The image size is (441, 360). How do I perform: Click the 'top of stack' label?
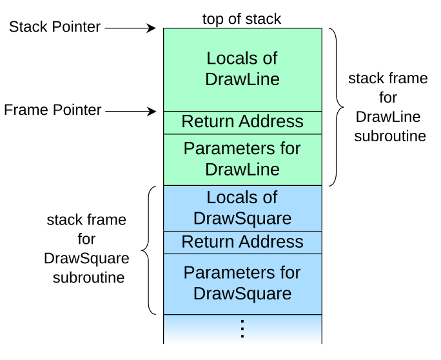[x=242, y=19]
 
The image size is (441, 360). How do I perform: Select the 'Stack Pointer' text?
[x=55, y=27]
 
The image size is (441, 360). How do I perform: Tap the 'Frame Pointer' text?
[x=53, y=110]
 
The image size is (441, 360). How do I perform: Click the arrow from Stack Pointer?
[x=130, y=28]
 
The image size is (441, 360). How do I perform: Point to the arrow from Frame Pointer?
[x=130, y=112]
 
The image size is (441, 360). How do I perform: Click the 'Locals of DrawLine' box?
[x=242, y=69]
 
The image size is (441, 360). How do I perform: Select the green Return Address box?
[x=242, y=122]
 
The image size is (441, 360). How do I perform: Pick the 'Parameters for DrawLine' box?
[x=242, y=159]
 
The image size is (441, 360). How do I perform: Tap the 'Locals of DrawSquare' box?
[x=242, y=207]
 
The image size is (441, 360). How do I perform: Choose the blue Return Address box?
[x=242, y=242]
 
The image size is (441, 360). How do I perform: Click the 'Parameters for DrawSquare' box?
[x=242, y=283]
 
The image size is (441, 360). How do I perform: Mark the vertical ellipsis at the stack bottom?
[x=242, y=328]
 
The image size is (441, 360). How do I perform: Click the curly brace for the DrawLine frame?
[x=336, y=107]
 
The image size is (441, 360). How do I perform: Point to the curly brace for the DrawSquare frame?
[x=148, y=250]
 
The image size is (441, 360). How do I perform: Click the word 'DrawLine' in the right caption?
[x=387, y=117]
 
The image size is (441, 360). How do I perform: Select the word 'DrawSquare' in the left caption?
[x=86, y=259]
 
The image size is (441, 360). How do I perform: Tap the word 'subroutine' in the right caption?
[x=389, y=136]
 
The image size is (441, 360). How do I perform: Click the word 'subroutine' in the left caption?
[x=88, y=278]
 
